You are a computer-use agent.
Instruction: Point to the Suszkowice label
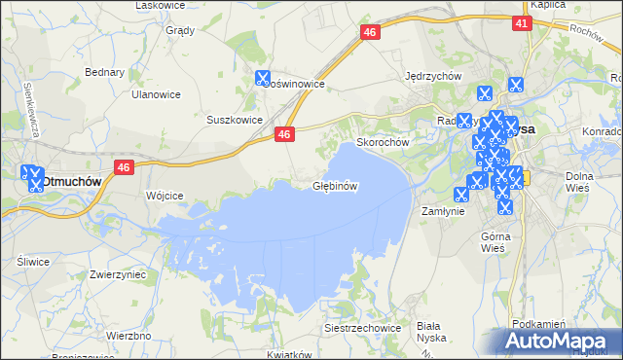(235, 120)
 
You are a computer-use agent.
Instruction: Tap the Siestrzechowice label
(363, 328)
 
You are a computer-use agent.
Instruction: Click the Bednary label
(104, 72)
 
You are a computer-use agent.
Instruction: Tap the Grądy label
(180, 30)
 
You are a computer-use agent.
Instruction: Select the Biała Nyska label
(428, 332)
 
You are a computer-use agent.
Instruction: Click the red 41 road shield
(522, 23)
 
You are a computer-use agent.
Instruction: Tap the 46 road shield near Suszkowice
(284, 135)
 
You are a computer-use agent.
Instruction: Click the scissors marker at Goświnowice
(262, 79)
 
